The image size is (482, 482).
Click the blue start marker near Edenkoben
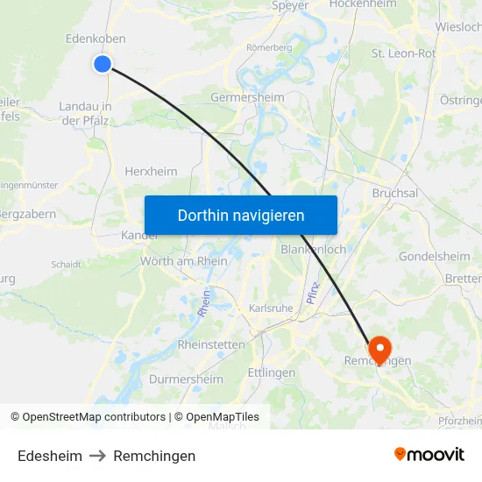pyautogui.click(x=103, y=63)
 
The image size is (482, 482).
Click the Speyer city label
pyautogui.click(x=290, y=5)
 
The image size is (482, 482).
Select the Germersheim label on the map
pyautogui.click(x=247, y=98)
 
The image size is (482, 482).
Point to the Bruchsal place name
pyautogui.click(x=394, y=193)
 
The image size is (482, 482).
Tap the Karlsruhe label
pyautogui.click(x=271, y=308)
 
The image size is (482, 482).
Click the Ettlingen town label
pyautogui.click(x=272, y=372)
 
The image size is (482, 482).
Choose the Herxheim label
pyautogui.click(x=151, y=172)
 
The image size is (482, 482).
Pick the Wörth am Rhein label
pyautogui.click(x=184, y=261)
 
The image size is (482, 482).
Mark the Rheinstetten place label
pyautogui.click(x=211, y=344)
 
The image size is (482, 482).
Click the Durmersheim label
pyautogui.click(x=186, y=379)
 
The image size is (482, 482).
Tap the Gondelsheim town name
pyautogui.click(x=434, y=256)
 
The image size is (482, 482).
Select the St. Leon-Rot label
pyautogui.click(x=403, y=53)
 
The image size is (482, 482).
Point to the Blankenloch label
pyautogui.click(x=314, y=250)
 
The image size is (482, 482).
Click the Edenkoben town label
pyautogui.click(x=96, y=39)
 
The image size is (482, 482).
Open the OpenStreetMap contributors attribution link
pyautogui.click(x=94, y=417)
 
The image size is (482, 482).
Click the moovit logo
pyautogui.click(x=429, y=455)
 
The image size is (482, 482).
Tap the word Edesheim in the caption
pyautogui.click(x=50, y=456)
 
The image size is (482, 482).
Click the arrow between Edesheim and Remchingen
pyautogui.click(x=97, y=456)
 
